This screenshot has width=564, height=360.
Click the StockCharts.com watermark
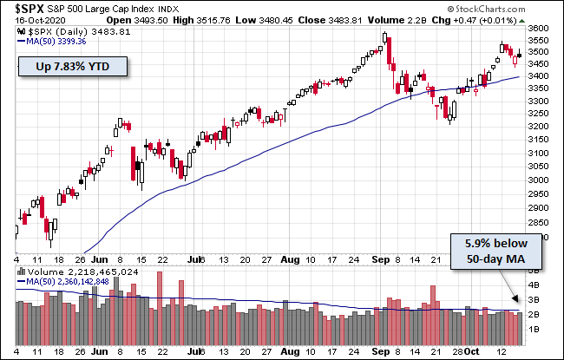(522, 22)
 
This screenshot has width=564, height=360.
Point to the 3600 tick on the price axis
(539, 28)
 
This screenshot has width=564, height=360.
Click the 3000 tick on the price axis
(539, 180)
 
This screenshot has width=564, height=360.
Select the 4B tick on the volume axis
(534, 284)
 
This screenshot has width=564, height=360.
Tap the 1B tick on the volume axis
(534, 330)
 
